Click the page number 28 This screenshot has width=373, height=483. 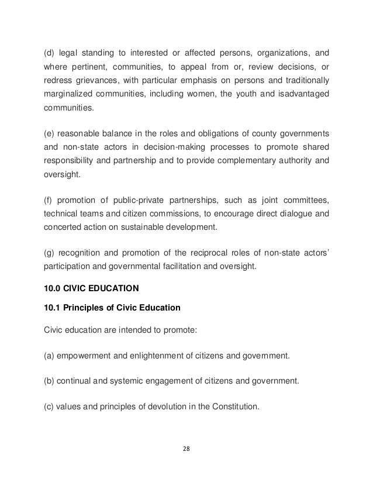[x=186, y=449]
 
